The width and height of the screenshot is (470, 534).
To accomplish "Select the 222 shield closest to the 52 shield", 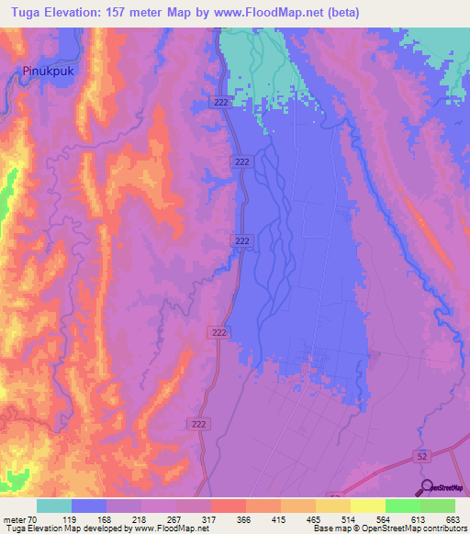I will pyautogui.click(x=199, y=423).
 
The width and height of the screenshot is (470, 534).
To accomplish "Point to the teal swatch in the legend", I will pyautogui.click(x=54, y=506).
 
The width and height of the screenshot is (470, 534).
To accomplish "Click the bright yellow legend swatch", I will pyautogui.click(x=367, y=506).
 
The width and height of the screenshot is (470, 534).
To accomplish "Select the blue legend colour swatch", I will pyautogui.click(x=89, y=506).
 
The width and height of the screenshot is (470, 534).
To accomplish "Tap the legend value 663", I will pyautogui.click(x=453, y=519).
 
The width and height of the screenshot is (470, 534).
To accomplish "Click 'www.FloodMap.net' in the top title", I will pyautogui.click(x=274, y=12).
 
